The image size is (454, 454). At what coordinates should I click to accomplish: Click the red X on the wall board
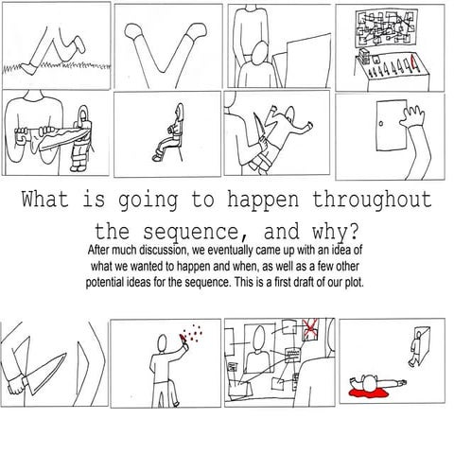pyautogui.click(x=311, y=328)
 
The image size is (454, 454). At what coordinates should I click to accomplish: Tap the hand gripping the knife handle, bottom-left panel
pyautogui.click(x=18, y=384)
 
